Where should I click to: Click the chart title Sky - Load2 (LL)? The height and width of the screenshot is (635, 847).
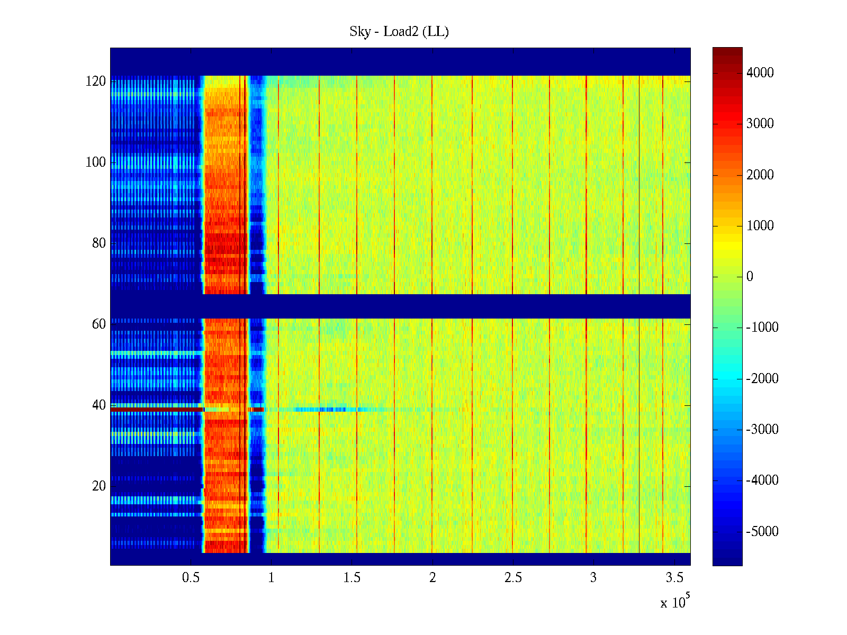pyautogui.click(x=399, y=32)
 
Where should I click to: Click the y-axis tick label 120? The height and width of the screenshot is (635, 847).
pyautogui.click(x=96, y=81)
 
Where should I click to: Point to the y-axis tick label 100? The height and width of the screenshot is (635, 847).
pyautogui.click(x=96, y=162)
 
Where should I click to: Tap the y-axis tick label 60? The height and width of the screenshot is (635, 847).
pyautogui.click(x=99, y=324)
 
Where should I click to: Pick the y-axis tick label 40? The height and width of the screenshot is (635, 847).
pyautogui.click(x=99, y=405)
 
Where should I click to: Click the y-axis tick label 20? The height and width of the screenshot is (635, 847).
pyautogui.click(x=99, y=486)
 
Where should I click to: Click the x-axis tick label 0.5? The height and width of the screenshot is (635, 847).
pyautogui.click(x=191, y=578)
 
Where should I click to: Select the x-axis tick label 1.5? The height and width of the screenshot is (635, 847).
pyautogui.click(x=352, y=578)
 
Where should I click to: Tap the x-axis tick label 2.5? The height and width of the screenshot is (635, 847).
pyautogui.click(x=513, y=578)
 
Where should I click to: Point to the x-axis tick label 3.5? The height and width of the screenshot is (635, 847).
pyautogui.click(x=674, y=578)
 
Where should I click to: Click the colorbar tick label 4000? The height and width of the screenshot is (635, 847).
pyautogui.click(x=760, y=73)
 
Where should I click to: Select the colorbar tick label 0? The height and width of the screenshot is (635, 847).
pyautogui.click(x=750, y=277)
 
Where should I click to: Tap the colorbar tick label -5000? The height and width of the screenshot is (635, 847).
pyautogui.click(x=762, y=532)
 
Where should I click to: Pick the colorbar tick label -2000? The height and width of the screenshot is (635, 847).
pyautogui.click(x=762, y=379)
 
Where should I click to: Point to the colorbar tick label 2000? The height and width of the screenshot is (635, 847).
pyautogui.click(x=760, y=175)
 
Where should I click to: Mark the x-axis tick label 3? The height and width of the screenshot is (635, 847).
pyautogui.click(x=593, y=578)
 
